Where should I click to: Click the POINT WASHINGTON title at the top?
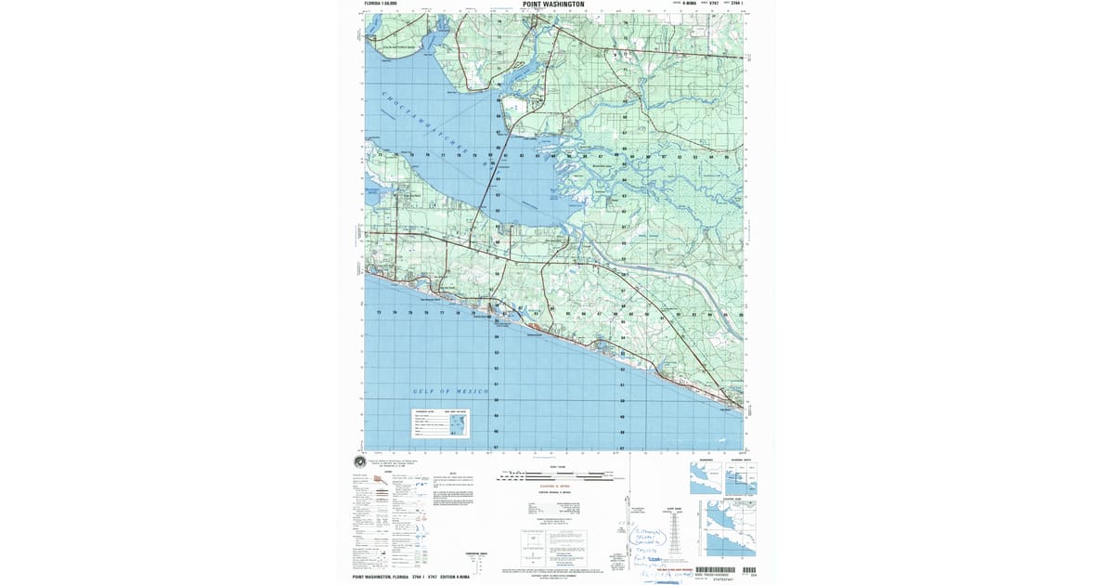click(553, 5)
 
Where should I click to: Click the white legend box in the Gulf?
click(441, 423)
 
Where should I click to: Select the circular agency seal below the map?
click(359, 462)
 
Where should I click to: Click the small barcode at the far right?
click(748, 570)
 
